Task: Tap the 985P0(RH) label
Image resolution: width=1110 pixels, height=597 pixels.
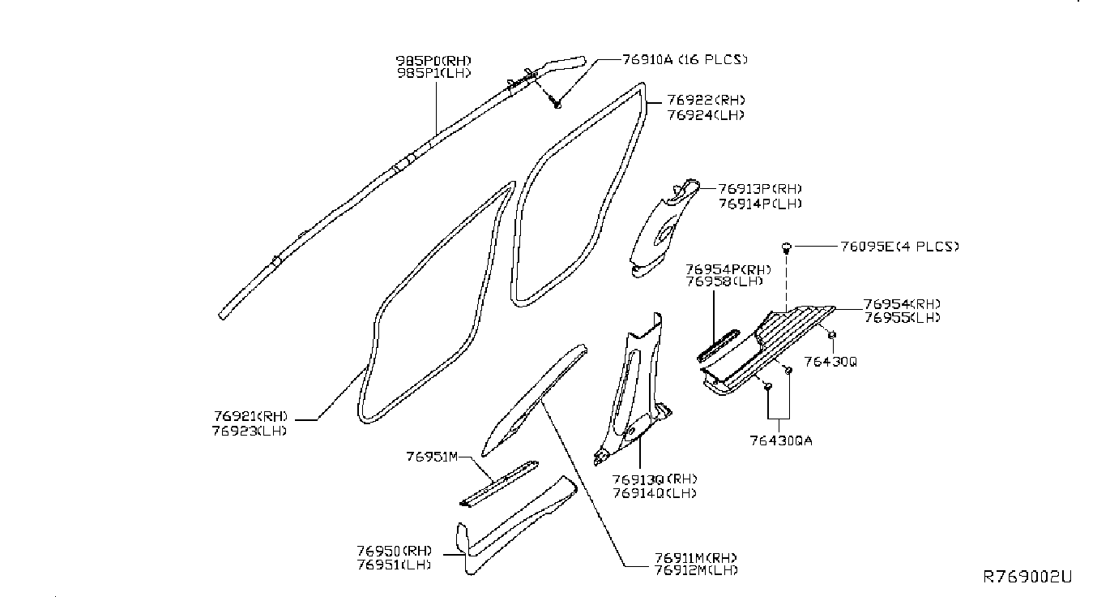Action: click(x=433, y=61)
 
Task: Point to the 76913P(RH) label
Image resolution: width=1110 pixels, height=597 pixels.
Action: click(x=748, y=189)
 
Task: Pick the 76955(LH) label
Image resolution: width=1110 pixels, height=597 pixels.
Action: click(x=902, y=318)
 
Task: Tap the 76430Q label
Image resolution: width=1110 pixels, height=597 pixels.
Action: click(x=830, y=360)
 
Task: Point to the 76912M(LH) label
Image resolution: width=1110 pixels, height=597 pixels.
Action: click(x=695, y=570)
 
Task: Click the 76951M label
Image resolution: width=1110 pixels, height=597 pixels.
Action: click(x=433, y=457)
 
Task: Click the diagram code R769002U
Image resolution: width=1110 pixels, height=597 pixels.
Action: click(x=1027, y=577)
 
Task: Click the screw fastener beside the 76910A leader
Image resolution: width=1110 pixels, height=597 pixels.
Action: click(x=556, y=103)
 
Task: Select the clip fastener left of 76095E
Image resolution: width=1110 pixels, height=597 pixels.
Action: click(x=786, y=247)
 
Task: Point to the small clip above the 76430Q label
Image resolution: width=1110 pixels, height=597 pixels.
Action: click(x=832, y=335)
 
